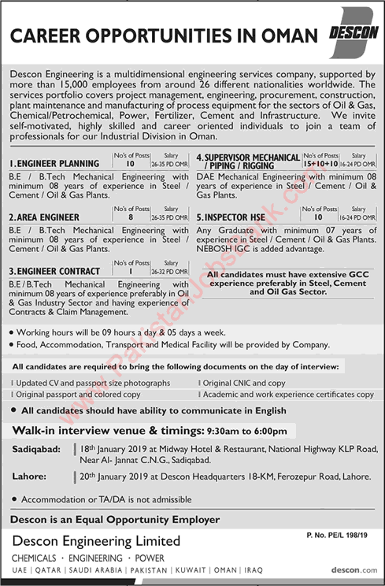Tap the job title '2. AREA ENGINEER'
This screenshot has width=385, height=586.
(43, 217)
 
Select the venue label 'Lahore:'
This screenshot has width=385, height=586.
(29, 476)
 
